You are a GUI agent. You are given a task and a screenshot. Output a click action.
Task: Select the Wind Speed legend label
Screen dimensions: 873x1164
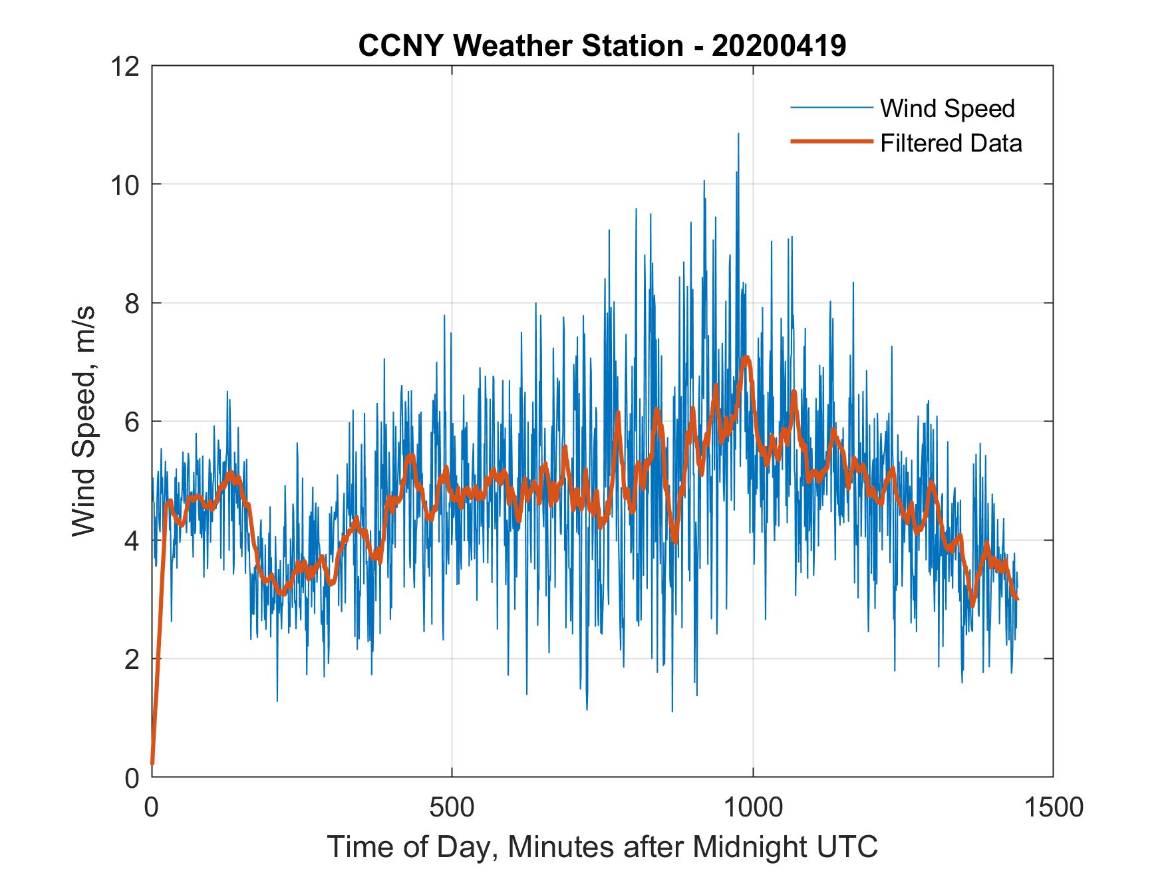point(947,108)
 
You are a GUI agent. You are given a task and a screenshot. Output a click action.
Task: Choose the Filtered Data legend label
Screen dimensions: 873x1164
point(950,143)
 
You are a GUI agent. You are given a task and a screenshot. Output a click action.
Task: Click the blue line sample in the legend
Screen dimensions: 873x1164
point(831,108)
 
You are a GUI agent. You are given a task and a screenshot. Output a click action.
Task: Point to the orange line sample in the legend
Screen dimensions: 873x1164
point(831,142)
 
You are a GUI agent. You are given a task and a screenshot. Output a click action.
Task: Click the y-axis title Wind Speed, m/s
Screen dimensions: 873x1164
point(84,421)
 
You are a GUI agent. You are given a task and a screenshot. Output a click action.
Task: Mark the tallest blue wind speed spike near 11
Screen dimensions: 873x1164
point(738,134)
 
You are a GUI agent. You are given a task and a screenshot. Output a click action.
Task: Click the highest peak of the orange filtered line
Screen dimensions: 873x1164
point(746,358)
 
